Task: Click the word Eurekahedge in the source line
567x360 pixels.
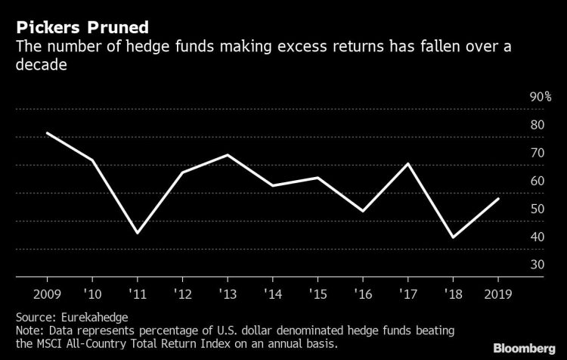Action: coord(88,315)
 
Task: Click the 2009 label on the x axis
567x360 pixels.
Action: coord(47,292)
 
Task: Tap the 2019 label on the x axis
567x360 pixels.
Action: coord(497,292)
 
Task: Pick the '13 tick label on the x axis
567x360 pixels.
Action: coord(228,292)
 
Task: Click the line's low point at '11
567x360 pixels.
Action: coord(138,233)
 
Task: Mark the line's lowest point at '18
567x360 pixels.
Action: coord(453,237)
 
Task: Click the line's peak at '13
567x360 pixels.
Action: coord(228,155)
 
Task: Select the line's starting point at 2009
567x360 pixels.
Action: coord(47,133)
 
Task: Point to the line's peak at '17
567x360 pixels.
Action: coord(407,163)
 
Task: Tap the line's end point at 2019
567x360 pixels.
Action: coord(497,198)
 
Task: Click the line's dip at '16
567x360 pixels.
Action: coord(363,211)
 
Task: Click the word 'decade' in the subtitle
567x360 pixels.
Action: coord(39,67)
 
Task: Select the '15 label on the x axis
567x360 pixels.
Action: coord(318,292)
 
